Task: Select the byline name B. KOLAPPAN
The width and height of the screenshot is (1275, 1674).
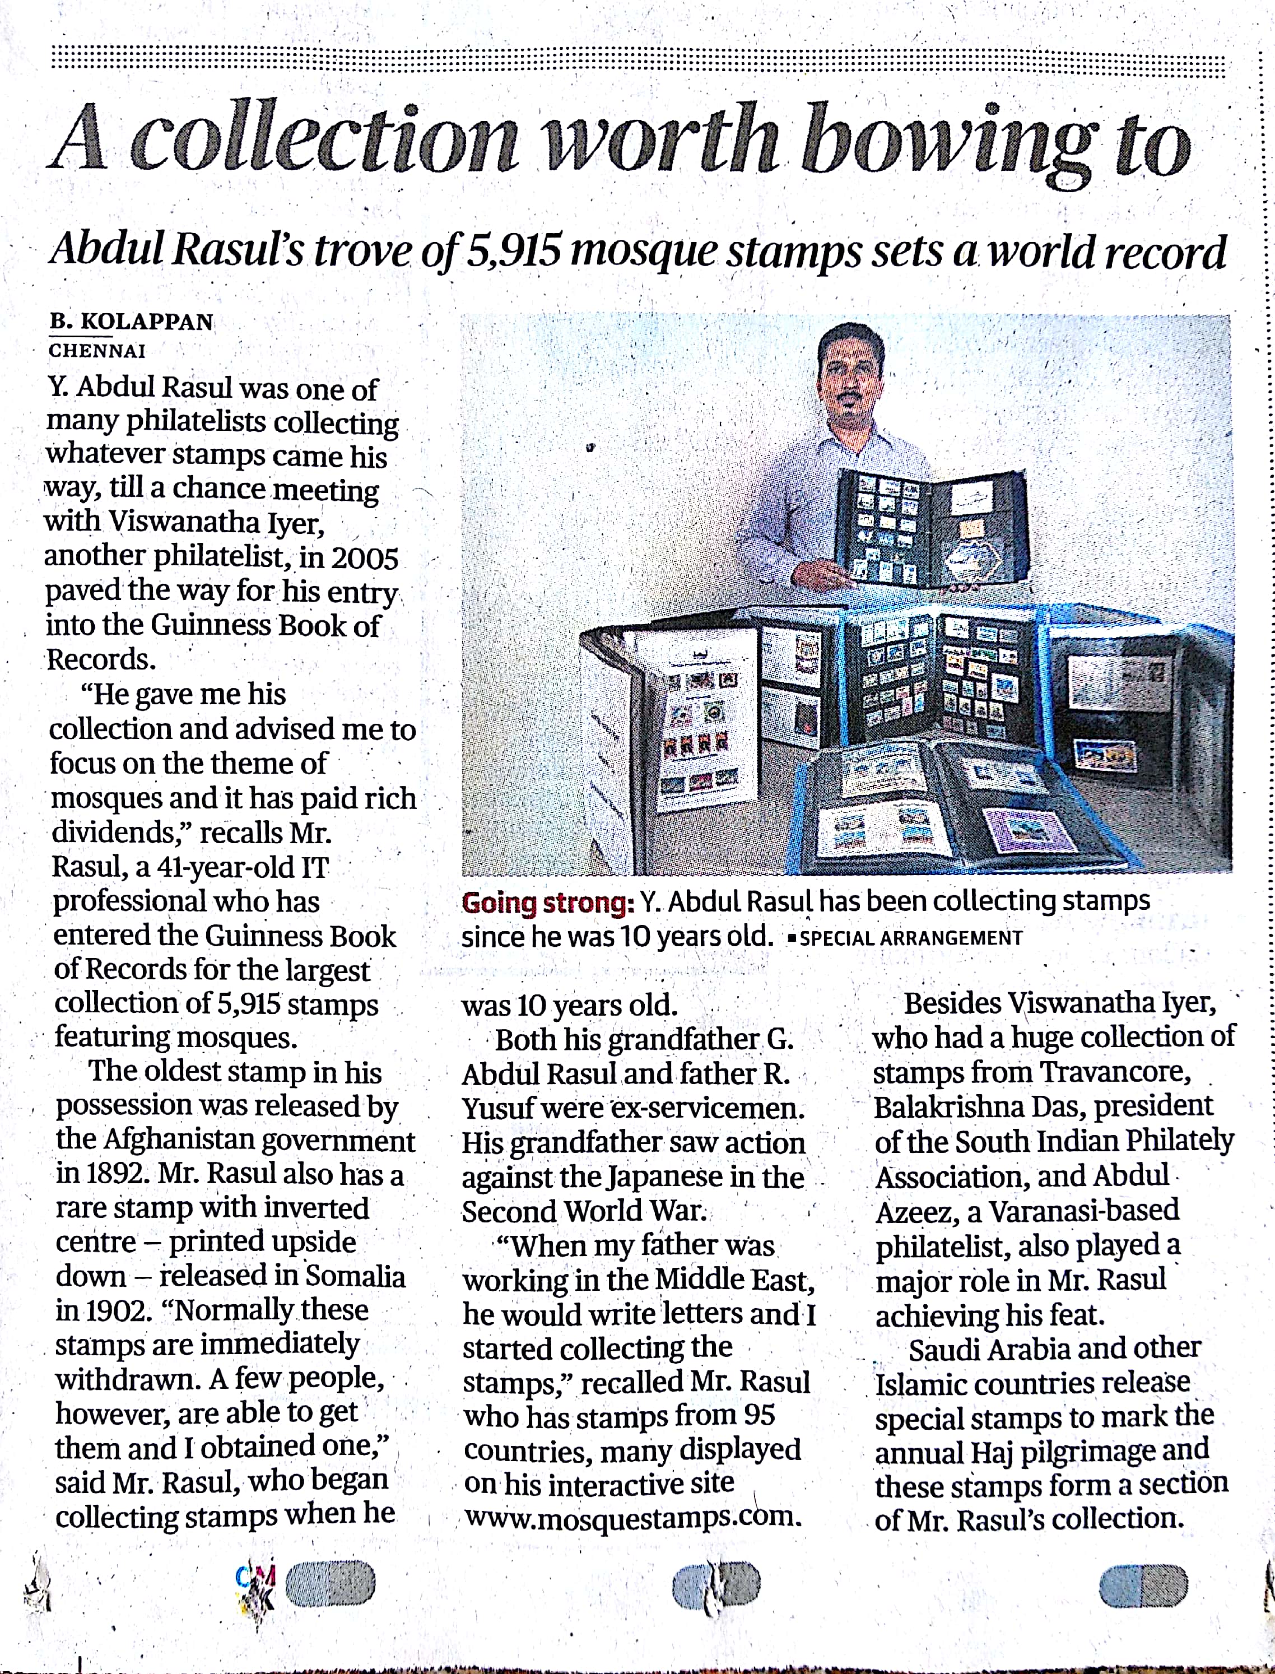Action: coord(131,322)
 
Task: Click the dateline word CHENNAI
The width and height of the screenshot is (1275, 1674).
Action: coord(97,351)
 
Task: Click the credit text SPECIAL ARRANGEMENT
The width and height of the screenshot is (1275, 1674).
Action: coord(911,938)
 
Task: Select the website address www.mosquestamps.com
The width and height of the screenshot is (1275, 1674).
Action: coord(632,1517)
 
